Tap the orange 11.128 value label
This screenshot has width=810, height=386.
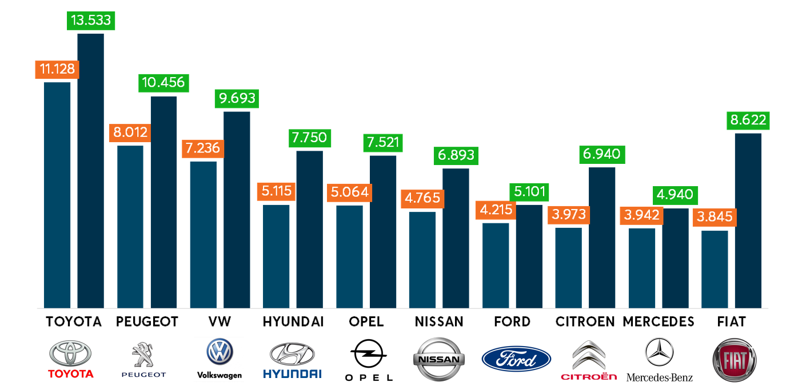coord(57,70)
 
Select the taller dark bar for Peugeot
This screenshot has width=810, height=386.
coord(163,202)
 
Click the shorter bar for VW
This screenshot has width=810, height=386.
coord(203,235)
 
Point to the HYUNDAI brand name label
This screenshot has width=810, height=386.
coord(293,322)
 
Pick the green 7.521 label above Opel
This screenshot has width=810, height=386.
coord(383,143)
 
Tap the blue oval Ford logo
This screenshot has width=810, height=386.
coord(516,359)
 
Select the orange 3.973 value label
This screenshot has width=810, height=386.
coord(568,215)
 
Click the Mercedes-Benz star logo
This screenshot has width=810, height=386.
coord(659,352)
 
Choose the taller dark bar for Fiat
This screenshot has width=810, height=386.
coord(748,220)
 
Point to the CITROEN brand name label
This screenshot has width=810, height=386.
coord(585,322)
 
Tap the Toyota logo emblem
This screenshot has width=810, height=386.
coord(70,353)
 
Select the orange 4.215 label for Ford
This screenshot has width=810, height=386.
coord(495,211)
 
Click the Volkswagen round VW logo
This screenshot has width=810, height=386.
coord(220,352)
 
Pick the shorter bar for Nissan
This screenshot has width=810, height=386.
coord(422,260)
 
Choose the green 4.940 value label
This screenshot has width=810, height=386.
coord(675,195)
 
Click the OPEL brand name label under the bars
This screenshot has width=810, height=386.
coord(366,322)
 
